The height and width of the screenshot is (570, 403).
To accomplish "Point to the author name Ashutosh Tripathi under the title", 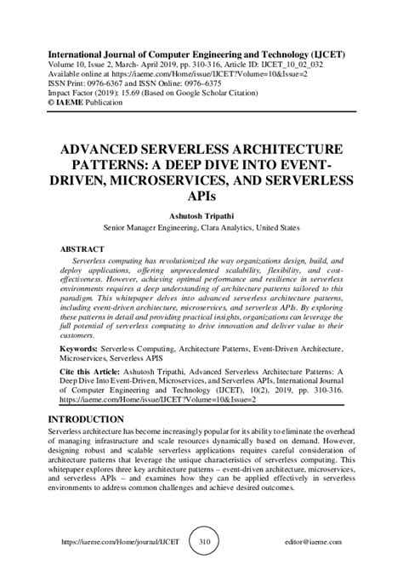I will point(201,216).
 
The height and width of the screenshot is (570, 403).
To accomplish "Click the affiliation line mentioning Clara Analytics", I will point(201,228).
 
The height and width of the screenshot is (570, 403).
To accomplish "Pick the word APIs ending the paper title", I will point(201,195).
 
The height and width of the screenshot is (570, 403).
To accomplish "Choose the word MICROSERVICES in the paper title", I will point(195,180).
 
